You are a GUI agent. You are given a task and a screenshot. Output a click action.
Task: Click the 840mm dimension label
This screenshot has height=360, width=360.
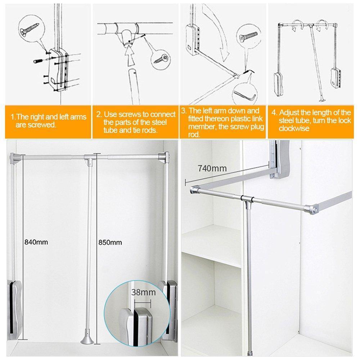pyautogui.click(x=36, y=242)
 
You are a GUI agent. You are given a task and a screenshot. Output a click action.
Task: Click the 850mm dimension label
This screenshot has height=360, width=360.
pyautogui.click(x=110, y=242)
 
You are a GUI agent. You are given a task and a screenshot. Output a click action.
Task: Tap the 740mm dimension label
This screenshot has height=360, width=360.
pyautogui.click(x=212, y=168)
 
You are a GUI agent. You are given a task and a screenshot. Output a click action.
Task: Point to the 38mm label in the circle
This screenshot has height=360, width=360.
pyautogui.click(x=144, y=292)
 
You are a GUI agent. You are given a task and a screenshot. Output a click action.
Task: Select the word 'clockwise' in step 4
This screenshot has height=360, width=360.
pyautogui.click(x=294, y=129)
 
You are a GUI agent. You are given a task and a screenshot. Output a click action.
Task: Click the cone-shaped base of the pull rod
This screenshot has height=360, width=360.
pyautogui.click(x=87, y=338)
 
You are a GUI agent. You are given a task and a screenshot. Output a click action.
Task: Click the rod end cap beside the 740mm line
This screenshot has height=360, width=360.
pyautogui.click(x=194, y=190)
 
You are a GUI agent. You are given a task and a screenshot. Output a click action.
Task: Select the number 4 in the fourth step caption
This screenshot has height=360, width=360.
pyautogui.click(x=274, y=112)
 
